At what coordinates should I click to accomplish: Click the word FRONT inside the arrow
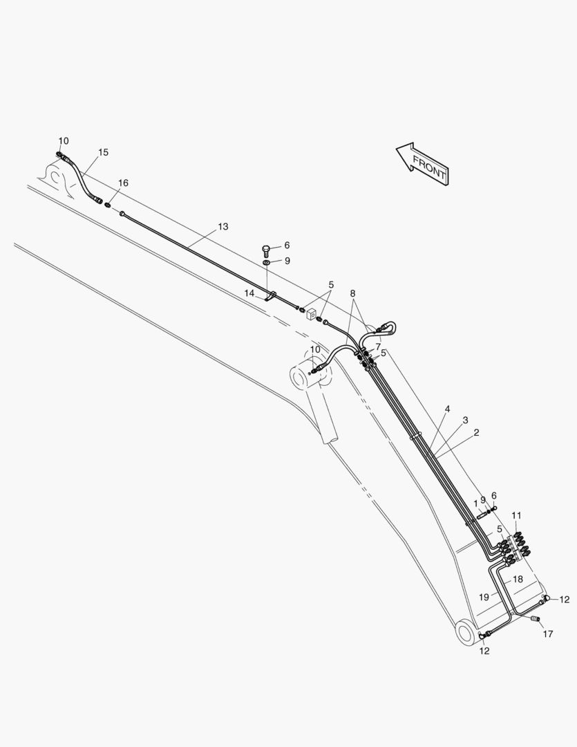point(429,167)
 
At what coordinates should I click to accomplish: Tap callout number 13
point(223,227)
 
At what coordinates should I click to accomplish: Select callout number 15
point(104,152)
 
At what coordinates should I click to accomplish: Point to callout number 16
point(123,183)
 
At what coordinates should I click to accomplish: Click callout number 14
point(249,293)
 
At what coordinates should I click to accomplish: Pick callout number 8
point(353,293)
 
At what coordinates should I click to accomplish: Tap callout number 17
point(548,634)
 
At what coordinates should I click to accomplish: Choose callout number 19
point(484,597)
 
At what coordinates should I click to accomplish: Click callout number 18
point(518,580)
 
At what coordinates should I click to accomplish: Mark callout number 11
point(517,515)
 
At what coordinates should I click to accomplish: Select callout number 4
point(448,409)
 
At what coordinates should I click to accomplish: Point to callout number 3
point(465,421)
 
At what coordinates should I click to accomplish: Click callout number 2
point(476,432)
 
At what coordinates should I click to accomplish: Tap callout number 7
point(378,347)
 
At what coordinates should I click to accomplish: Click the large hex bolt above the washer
point(266,250)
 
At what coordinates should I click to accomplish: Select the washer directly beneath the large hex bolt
point(266,263)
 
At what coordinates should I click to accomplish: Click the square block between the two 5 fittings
point(312,315)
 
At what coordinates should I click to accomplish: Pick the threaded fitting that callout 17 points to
point(536,620)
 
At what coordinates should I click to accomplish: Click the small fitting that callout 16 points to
point(108,205)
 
